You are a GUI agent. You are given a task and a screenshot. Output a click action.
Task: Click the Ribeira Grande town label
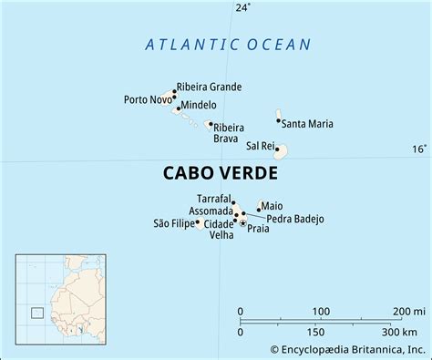210,87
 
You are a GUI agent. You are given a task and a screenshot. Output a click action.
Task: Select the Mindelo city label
199,105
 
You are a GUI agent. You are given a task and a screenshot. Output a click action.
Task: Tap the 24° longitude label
242,8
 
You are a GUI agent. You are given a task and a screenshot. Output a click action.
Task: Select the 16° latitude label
417,149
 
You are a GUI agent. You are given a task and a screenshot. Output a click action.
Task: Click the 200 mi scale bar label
406,312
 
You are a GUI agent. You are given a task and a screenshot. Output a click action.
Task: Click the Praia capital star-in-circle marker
242,222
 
